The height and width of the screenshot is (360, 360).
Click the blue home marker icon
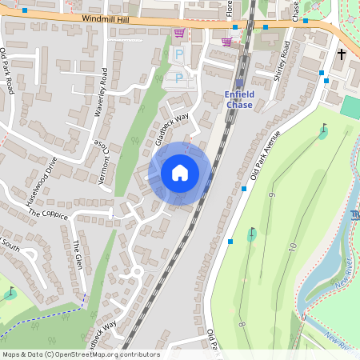tap(180, 173)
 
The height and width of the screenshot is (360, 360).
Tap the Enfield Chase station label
tap(239, 99)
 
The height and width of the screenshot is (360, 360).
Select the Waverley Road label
tap(101, 93)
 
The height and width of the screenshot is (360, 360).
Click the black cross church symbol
tap(342, 54)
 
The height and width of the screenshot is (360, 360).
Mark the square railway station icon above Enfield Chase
tap(239, 82)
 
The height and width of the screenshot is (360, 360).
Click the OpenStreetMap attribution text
tap(80, 354)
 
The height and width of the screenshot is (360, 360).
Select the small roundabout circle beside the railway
tap(136, 271)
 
